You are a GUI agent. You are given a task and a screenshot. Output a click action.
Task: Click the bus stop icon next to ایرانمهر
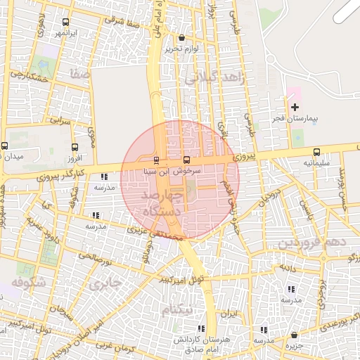pyautogui.click(x=65, y=22)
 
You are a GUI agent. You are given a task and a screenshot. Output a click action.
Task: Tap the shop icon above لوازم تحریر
pyautogui.click(x=182, y=38)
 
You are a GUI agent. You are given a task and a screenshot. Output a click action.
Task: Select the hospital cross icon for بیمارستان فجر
pyautogui.click(x=295, y=107)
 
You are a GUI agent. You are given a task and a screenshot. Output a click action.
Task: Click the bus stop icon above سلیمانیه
pyautogui.click(x=316, y=152)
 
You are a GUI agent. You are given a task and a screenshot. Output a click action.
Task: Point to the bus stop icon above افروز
pyautogui.click(x=75, y=148)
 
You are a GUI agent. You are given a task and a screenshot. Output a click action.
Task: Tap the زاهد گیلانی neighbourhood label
pyautogui.click(x=215, y=79)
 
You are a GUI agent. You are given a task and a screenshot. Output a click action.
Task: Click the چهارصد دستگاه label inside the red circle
pyautogui.click(x=161, y=202)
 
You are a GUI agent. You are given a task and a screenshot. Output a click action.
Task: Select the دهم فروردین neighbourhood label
pyautogui.click(x=313, y=243)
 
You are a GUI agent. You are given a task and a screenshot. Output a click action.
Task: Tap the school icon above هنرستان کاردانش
pyautogui.click(x=202, y=328)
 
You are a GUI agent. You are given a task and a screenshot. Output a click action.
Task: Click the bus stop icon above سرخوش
pyautogui.click(x=186, y=160)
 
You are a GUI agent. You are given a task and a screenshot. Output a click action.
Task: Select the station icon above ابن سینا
pyautogui.click(x=156, y=160)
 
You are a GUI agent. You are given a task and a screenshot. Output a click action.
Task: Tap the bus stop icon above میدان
pyautogui.click(x=5, y=146)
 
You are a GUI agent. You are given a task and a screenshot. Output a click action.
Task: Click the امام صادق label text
pyautogui.click(x=203, y=348)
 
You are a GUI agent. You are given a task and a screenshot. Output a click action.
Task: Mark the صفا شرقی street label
pyautogui.click(x=120, y=21)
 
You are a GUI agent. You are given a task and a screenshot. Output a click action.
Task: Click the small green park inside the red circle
pyautogui.click(x=190, y=187)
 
